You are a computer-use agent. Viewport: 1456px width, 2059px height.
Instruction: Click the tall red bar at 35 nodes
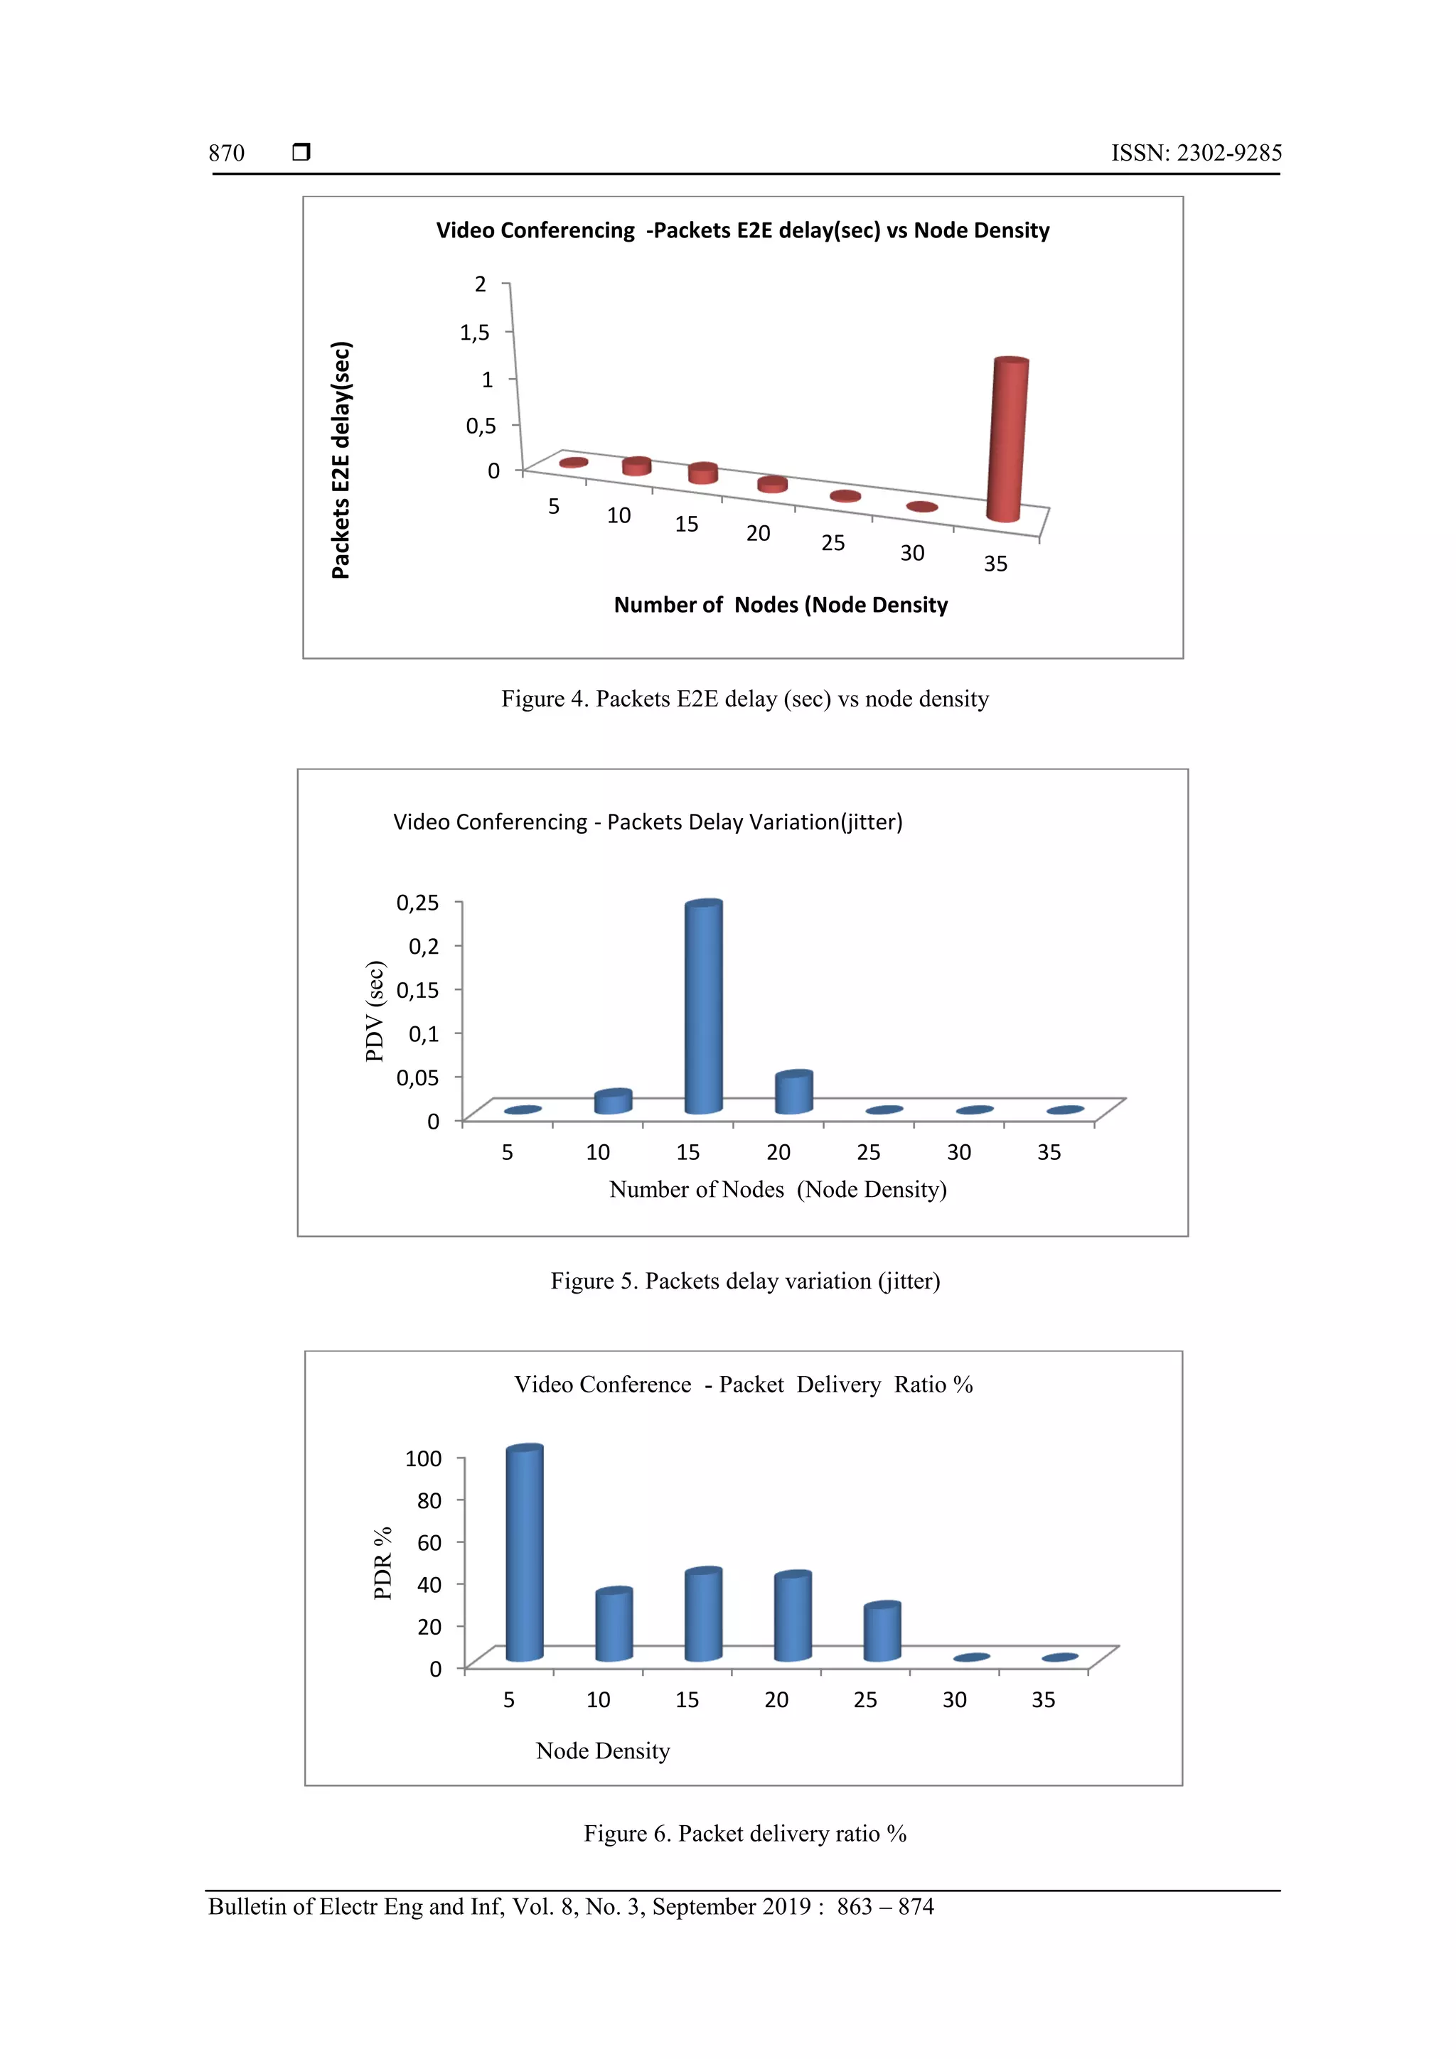[1007, 439]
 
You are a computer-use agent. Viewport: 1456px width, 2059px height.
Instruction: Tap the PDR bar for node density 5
[524, 1552]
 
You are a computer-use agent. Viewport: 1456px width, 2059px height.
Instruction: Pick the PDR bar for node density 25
[882, 1631]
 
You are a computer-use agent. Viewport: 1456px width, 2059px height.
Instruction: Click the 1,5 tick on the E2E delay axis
[475, 333]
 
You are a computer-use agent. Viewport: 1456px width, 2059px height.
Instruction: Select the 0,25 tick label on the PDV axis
[418, 902]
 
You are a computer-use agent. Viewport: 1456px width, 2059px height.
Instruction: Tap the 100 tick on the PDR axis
[424, 1459]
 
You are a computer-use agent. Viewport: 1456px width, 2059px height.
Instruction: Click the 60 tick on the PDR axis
[429, 1542]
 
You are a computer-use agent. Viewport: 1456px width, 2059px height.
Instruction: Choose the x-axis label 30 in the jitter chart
[959, 1152]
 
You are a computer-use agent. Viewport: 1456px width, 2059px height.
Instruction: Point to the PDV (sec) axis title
[375, 1011]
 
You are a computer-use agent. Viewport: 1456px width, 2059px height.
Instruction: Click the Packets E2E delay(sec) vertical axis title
[341, 460]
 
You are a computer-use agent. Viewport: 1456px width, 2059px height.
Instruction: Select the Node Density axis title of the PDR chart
[603, 1751]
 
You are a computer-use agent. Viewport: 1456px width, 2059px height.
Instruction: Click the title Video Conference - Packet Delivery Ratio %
[743, 1385]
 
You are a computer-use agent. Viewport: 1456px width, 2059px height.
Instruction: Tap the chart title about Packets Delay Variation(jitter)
[648, 822]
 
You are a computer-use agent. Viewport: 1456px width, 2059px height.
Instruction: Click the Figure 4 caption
[744, 699]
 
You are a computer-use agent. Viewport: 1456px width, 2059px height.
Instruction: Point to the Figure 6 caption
[744, 1834]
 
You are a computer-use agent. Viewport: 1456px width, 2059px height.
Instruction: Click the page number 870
[226, 154]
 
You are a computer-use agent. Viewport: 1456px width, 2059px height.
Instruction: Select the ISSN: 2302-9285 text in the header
[1196, 154]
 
